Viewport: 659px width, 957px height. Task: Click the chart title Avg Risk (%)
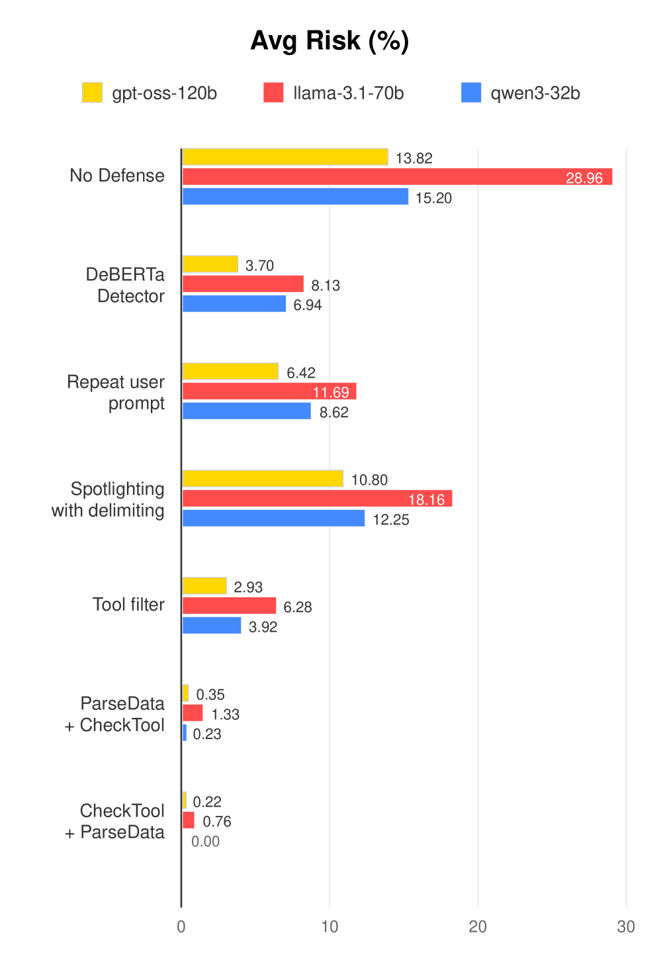pyautogui.click(x=329, y=41)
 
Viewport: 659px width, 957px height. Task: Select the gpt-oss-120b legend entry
pyautogui.click(x=150, y=93)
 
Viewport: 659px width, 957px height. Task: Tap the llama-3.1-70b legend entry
pyautogui.click(x=334, y=93)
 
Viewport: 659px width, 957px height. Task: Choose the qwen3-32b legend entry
pyautogui.click(x=521, y=93)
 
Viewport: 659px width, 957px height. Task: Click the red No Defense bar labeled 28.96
pyautogui.click(x=397, y=177)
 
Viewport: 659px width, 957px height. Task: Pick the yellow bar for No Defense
pyautogui.click(x=285, y=157)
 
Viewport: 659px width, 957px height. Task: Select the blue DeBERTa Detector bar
pyautogui.click(x=234, y=304)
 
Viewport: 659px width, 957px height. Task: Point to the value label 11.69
pyautogui.click(x=331, y=393)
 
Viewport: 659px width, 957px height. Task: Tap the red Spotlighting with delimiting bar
pyautogui.click(x=317, y=499)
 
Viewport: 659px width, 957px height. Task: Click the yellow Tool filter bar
pyautogui.click(x=204, y=586)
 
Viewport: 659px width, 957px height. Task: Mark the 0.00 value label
pyautogui.click(x=205, y=842)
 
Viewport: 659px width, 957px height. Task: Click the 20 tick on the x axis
pyautogui.click(x=478, y=927)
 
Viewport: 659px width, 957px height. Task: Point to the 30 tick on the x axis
pyautogui.click(x=626, y=927)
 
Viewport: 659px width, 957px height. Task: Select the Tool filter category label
pyautogui.click(x=128, y=605)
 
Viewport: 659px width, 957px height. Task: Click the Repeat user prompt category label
pyautogui.click(x=116, y=393)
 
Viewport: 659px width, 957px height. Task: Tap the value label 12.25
pyautogui.click(x=391, y=520)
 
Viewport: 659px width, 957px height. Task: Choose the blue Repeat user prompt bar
pyautogui.click(x=246, y=411)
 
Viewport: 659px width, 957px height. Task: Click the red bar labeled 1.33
pyautogui.click(x=193, y=713)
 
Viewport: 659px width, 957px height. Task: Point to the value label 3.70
pyautogui.click(x=259, y=266)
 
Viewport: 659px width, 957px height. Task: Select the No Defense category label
pyautogui.click(x=117, y=176)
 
